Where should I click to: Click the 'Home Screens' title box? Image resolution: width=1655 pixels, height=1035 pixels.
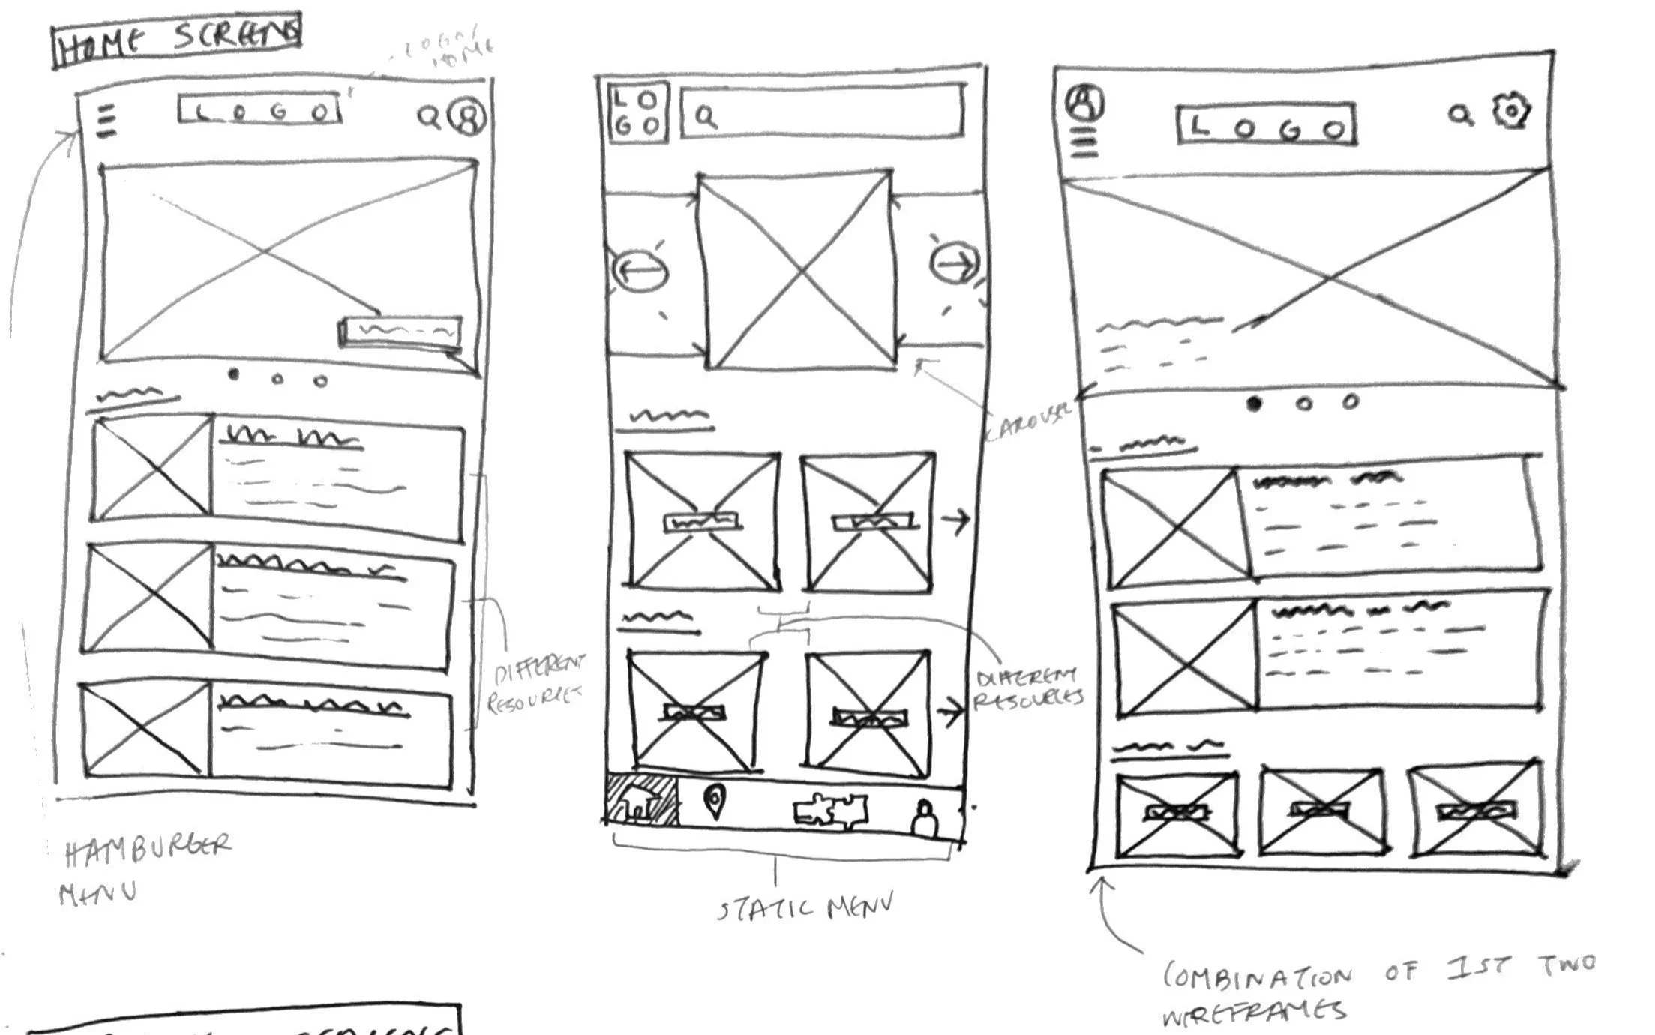(x=177, y=40)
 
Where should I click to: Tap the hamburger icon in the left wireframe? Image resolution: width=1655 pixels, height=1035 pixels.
(x=107, y=121)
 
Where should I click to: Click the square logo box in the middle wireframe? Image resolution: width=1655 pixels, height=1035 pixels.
(x=637, y=112)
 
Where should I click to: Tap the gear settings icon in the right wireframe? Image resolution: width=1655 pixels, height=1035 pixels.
(x=1511, y=112)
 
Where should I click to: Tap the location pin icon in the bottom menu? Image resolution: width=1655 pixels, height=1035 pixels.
(x=715, y=802)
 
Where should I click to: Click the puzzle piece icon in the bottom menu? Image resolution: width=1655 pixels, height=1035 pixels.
(x=831, y=811)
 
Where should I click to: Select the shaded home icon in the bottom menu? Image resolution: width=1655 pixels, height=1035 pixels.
(x=641, y=801)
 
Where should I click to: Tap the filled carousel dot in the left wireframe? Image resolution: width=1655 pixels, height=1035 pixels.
(x=233, y=374)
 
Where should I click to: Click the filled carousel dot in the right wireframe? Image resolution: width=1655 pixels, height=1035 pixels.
(x=1254, y=403)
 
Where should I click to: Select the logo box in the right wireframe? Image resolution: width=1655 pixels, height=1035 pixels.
(x=1266, y=124)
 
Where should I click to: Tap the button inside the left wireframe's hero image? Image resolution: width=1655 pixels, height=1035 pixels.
(x=400, y=331)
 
